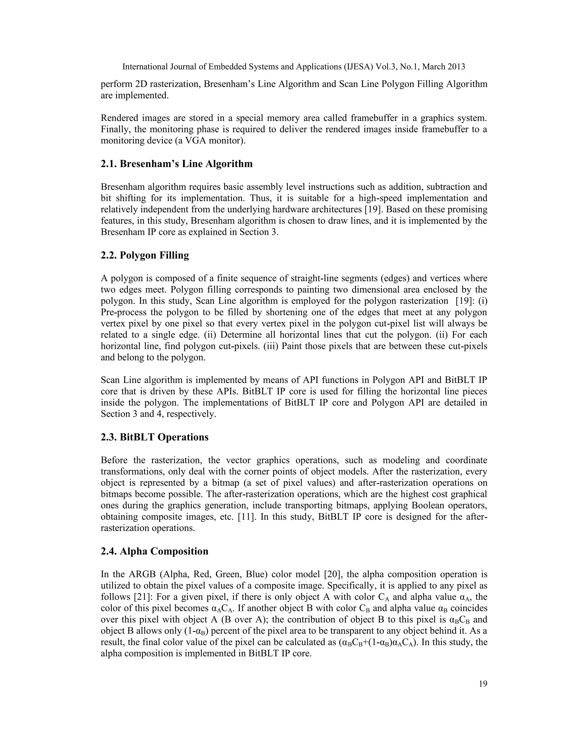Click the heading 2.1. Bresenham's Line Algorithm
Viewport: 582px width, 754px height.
(176, 164)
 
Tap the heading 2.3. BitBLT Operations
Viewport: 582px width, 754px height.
(155, 437)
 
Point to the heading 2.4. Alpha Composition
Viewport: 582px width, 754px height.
(155, 551)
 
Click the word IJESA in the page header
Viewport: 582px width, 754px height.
(359, 67)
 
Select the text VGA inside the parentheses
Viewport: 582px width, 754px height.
(196, 141)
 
